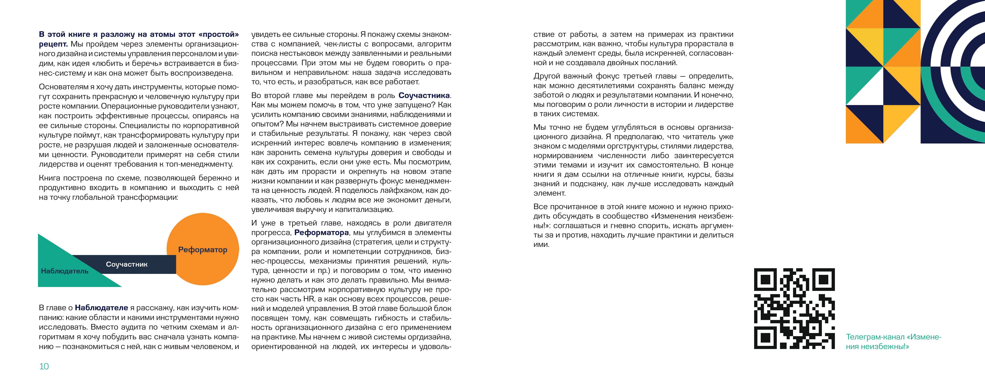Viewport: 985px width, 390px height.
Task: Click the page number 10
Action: tap(44, 366)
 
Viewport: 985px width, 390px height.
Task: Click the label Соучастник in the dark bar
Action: tap(127, 264)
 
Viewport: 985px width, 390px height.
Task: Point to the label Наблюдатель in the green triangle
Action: tap(65, 271)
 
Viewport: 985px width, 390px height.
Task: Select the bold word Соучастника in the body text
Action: tap(424, 95)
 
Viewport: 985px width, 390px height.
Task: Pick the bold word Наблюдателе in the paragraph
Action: tap(101, 308)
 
